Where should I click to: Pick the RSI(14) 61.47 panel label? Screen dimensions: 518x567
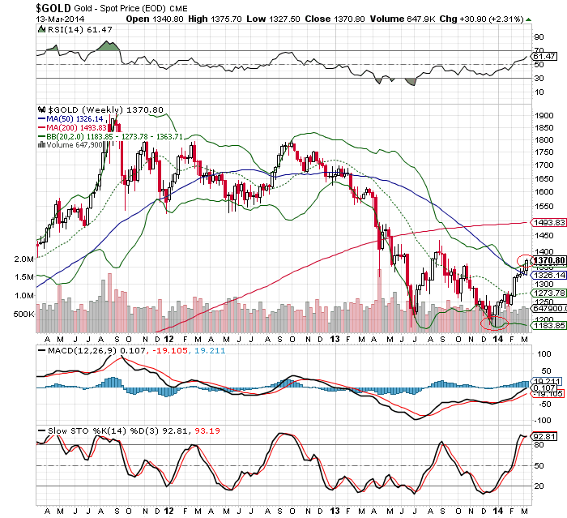pos(65,29)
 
